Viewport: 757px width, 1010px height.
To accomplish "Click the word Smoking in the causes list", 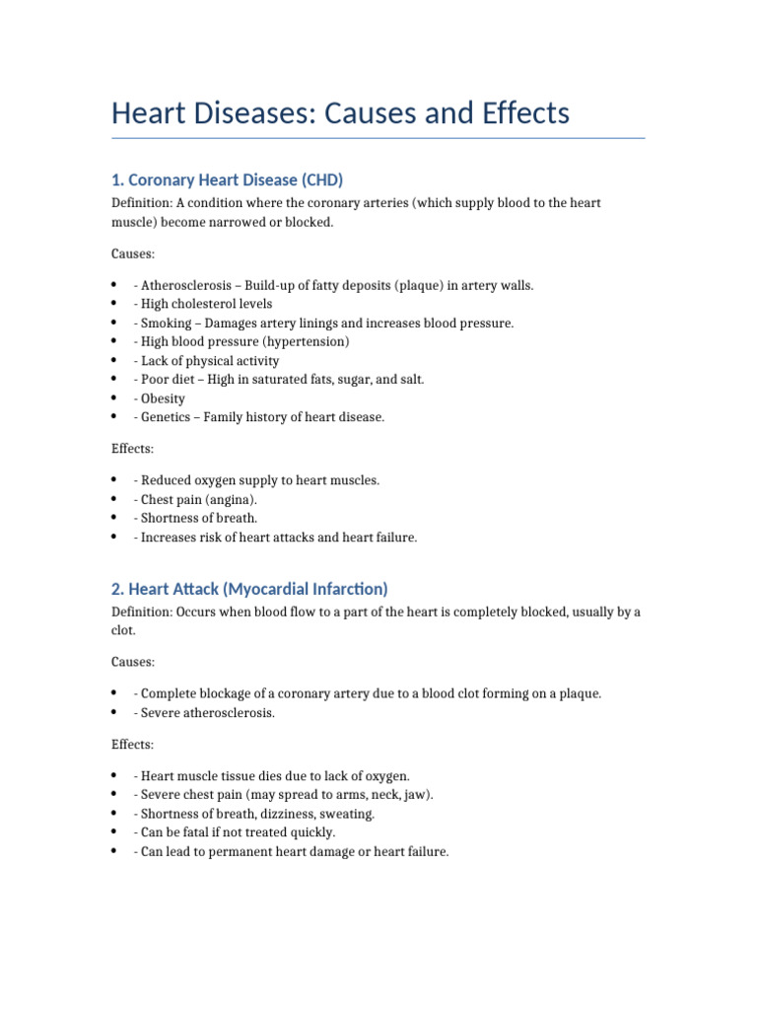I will tap(167, 323).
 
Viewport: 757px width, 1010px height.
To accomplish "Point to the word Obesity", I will tap(163, 398).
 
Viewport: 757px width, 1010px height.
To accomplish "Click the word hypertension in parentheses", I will tap(303, 341).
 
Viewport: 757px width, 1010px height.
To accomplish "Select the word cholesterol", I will tap(206, 304).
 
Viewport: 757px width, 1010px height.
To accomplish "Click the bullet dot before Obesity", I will tap(115, 398).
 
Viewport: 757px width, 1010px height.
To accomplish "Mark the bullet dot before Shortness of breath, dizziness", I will tap(115, 814).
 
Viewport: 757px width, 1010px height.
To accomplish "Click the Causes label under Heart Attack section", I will tap(133, 662).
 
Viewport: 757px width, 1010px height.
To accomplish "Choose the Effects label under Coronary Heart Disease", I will tap(133, 449).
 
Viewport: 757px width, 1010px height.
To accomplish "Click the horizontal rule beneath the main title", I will tap(378, 138).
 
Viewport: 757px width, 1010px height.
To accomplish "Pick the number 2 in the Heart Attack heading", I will tap(116, 589).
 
